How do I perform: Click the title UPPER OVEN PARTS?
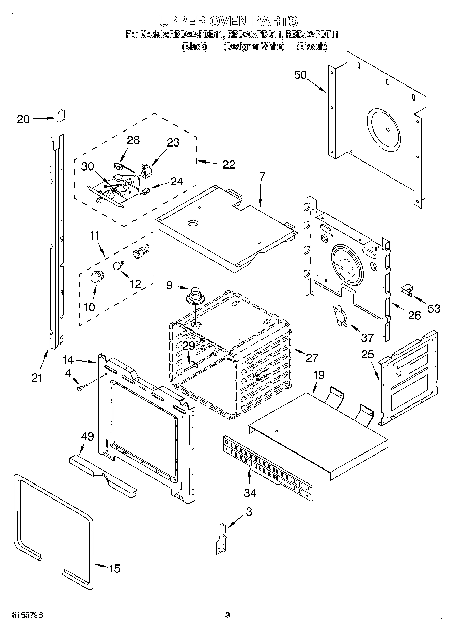[229, 21]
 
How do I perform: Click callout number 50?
[300, 75]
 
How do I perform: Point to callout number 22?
[229, 165]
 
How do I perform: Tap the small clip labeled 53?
[406, 290]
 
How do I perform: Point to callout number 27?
[312, 357]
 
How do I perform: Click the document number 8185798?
[28, 615]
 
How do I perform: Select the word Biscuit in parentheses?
[312, 47]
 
